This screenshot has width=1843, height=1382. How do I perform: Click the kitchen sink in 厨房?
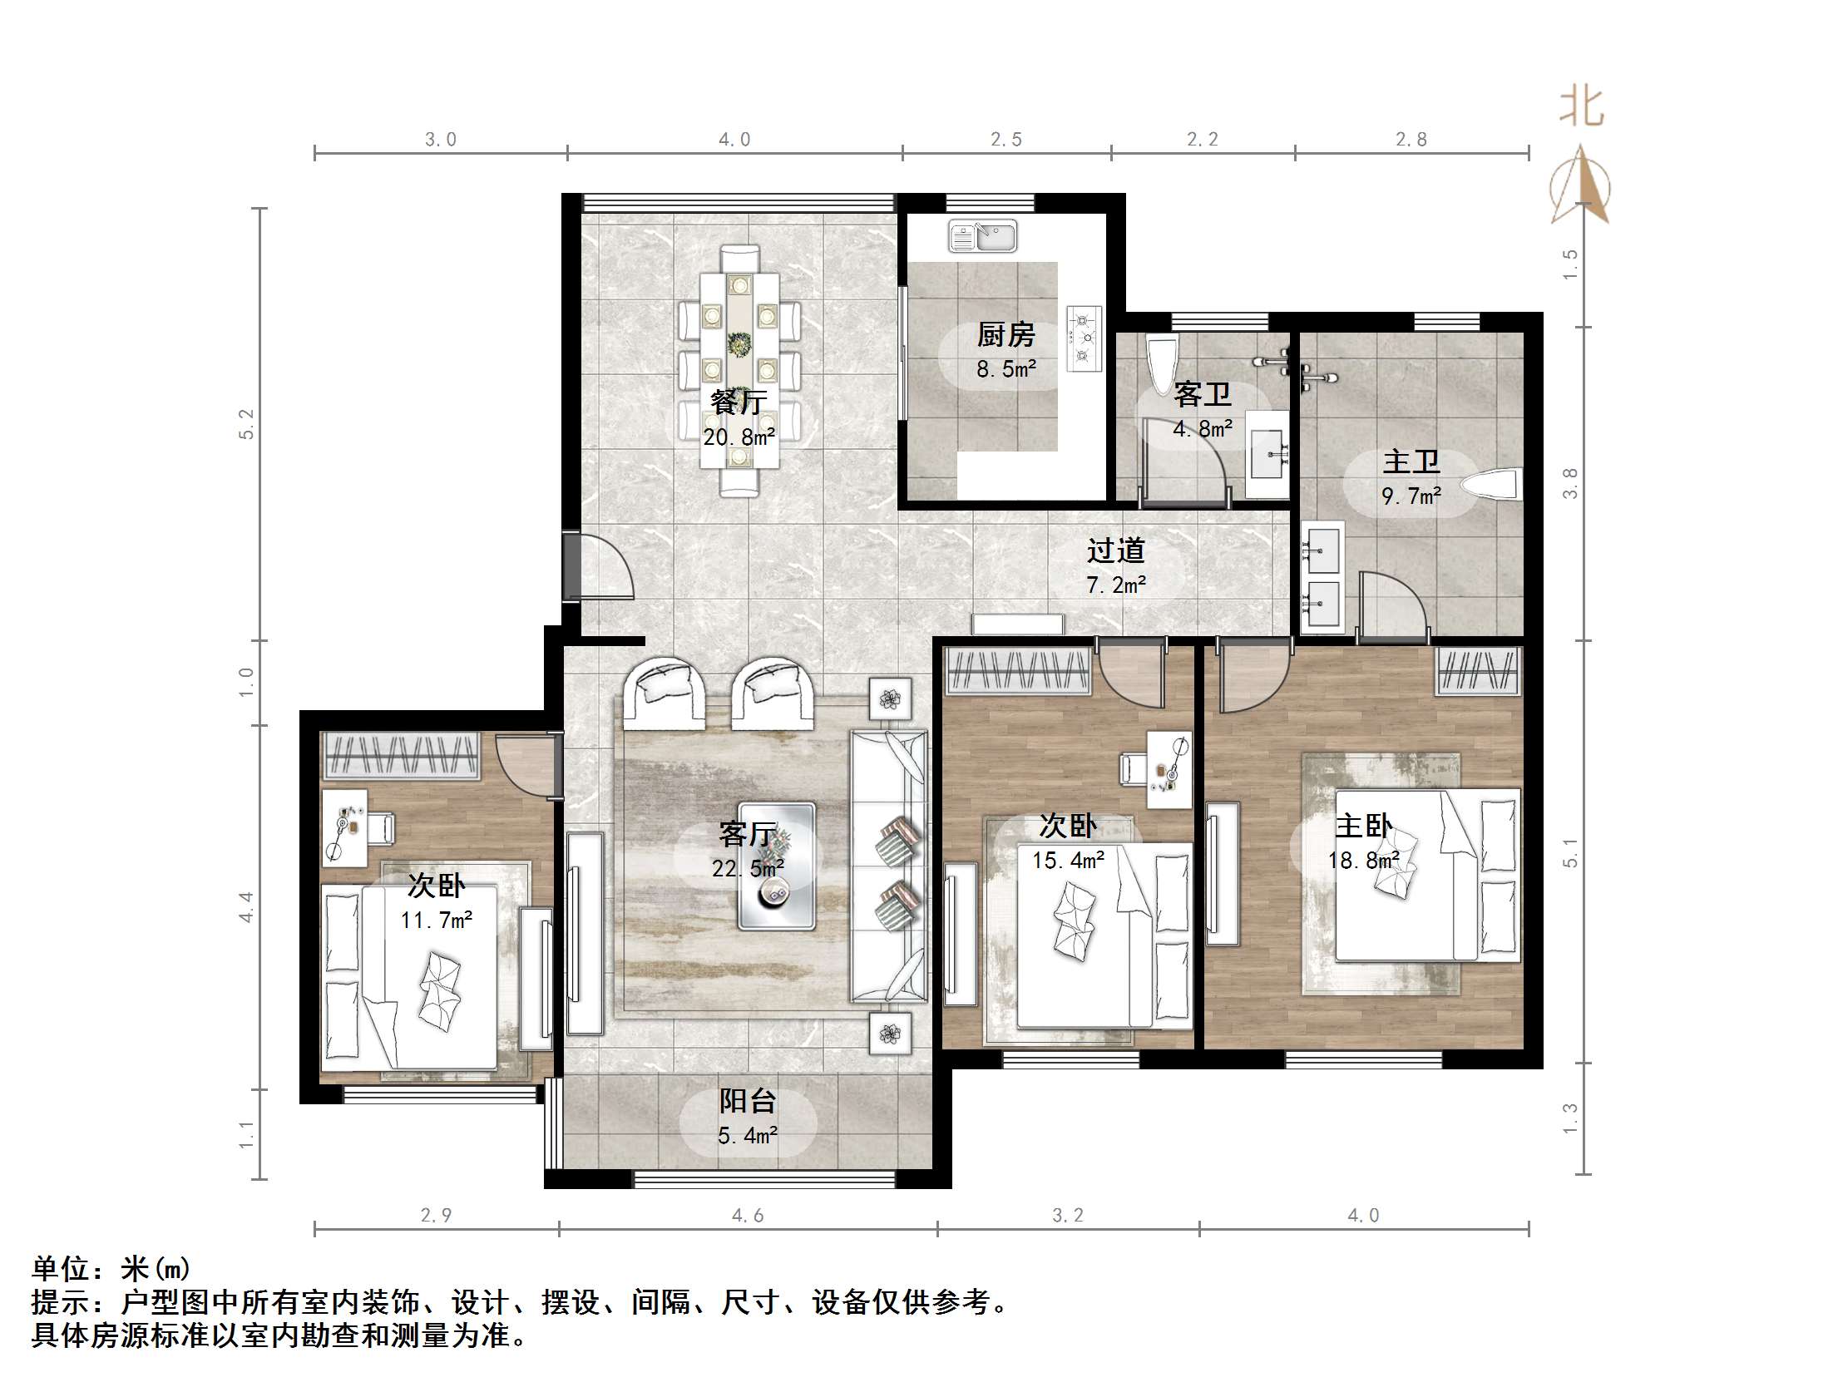pos(982,237)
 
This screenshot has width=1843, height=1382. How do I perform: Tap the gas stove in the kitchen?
pos(1084,338)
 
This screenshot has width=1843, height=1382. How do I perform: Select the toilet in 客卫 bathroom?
pos(1161,364)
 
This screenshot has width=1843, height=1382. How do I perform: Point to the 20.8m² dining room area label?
pos(739,437)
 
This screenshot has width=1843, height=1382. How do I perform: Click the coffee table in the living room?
pos(776,866)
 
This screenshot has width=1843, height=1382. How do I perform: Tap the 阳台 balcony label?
pos(748,1101)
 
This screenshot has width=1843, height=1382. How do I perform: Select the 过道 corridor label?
pos(1115,550)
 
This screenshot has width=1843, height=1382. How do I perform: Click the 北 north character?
pos(1580,108)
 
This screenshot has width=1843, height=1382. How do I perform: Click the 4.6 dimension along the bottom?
pos(748,1216)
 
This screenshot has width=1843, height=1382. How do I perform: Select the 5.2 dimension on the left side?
pos(247,424)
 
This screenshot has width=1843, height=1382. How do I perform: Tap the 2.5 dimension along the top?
pos(1005,139)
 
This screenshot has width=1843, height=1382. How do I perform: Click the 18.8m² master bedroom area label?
pos(1363,861)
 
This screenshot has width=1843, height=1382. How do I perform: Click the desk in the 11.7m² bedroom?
pos(345,828)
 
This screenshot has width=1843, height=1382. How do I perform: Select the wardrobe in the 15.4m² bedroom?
pos(1017,671)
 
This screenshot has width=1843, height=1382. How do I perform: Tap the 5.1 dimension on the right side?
pos(1570,853)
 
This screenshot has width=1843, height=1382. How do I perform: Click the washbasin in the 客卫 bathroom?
pos(1268,455)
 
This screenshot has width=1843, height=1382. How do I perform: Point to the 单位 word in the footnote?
pos(61,1269)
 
